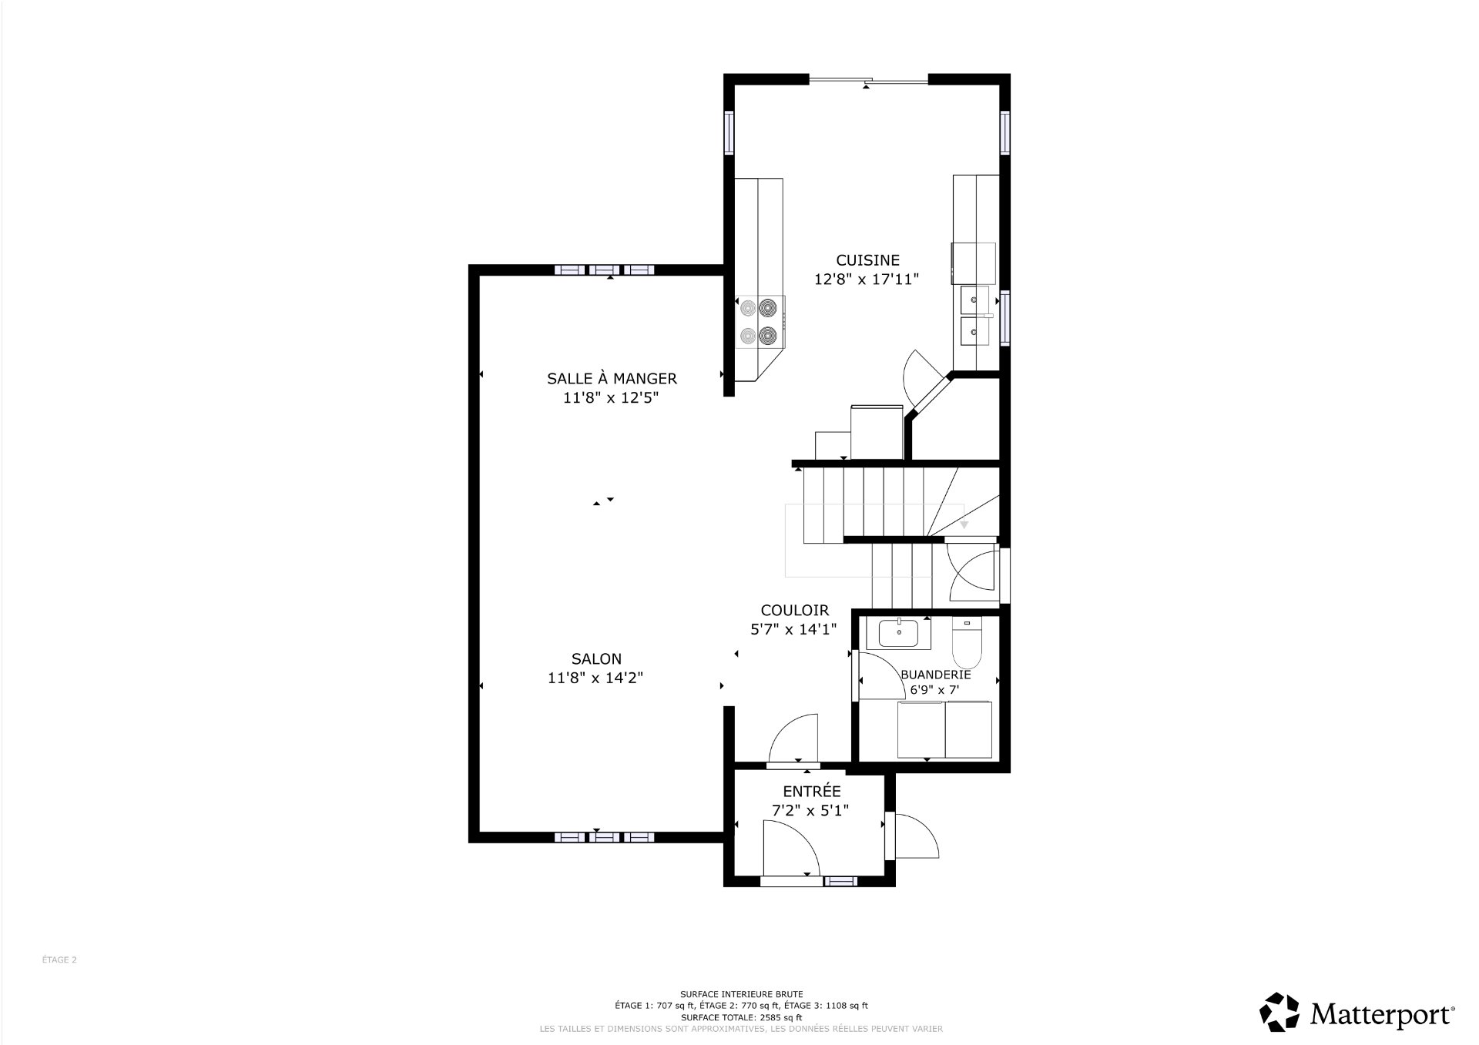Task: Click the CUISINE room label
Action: pos(867,260)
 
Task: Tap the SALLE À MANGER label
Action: pos(612,378)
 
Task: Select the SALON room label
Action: pos(596,658)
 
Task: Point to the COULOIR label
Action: pos(794,610)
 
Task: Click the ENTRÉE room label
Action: pos(812,791)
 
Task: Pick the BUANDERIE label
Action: pos(936,675)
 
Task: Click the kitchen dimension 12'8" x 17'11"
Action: pos(867,280)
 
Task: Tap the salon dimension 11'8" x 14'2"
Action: pos(595,678)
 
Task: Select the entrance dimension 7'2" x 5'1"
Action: pos(811,810)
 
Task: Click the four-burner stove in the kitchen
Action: pos(760,322)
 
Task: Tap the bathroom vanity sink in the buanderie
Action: pos(897,634)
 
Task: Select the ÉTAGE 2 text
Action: pos(59,960)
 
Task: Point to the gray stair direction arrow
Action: pos(964,524)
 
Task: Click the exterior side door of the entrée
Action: pos(912,836)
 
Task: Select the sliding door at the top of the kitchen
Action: pos(868,79)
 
